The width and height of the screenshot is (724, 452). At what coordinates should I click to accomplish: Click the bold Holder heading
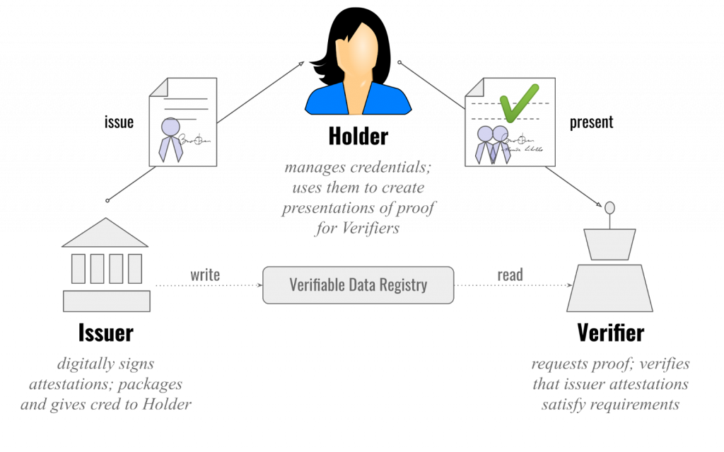point(358,137)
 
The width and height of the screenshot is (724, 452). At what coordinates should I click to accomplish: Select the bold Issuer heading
point(106,332)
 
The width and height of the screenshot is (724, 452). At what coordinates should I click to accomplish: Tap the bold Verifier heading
point(610,332)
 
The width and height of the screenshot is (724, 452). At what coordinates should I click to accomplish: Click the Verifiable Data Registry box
point(358,285)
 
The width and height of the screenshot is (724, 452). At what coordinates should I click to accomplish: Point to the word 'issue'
point(119,122)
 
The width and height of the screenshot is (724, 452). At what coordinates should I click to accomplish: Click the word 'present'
point(592,122)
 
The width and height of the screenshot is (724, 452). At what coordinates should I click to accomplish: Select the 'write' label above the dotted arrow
point(205,275)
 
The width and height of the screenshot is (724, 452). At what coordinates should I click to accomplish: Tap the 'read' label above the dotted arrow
point(510,275)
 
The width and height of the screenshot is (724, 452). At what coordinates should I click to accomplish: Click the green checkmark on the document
point(519,103)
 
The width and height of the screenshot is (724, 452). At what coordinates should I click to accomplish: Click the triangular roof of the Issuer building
point(105,233)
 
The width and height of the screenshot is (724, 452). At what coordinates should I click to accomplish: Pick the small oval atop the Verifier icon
point(610,208)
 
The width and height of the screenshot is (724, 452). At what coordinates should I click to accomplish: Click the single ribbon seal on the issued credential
point(170,139)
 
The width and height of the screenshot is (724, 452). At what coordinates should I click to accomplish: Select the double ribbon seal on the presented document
point(493,144)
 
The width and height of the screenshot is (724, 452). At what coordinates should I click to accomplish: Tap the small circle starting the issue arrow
point(107,201)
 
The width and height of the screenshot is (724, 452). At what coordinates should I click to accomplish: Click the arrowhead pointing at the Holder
point(300,64)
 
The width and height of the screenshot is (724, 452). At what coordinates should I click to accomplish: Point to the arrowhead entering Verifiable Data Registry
point(260,285)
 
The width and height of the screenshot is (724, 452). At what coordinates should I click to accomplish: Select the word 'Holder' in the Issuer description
point(167,405)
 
